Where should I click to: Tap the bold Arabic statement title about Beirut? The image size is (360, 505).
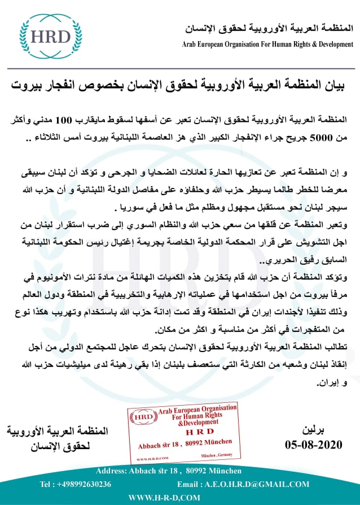tap(180, 86)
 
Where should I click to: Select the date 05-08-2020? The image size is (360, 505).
tap(314, 445)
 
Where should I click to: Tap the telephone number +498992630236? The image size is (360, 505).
tap(76, 484)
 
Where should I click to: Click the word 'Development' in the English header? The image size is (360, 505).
tap(328, 44)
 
